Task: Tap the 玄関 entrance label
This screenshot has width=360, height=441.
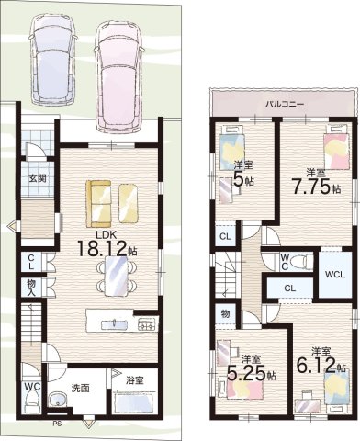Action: [x=38, y=178]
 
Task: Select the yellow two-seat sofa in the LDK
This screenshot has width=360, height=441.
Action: [x=98, y=204]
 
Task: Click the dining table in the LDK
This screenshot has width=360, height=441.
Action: [x=117, y=277]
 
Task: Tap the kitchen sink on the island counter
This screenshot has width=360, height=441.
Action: [x=113, y=324]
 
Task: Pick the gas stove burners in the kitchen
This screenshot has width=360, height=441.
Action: [x=148, y=324]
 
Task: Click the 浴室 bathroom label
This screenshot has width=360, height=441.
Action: [x=134, y=380]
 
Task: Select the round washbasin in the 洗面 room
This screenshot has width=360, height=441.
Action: [x=57, y=400]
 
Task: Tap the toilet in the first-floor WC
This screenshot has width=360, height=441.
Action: [x=31, y=402]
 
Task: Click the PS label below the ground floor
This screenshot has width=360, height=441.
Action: [x=57, y=424]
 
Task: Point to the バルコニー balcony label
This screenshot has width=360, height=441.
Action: [x=285, y=105]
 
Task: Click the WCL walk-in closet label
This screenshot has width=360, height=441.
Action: [x=335, y=275]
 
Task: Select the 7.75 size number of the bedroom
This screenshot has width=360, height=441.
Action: [x=311, y=187]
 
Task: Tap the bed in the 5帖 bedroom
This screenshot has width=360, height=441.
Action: [x=232, y=148]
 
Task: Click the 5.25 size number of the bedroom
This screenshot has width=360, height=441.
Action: [x=246, y=372]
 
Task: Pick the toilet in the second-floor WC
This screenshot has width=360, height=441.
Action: [x=300, y=262]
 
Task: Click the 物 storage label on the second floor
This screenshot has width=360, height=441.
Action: [x=225, y=314]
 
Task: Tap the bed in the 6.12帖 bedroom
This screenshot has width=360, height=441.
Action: [x=337, y=388]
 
